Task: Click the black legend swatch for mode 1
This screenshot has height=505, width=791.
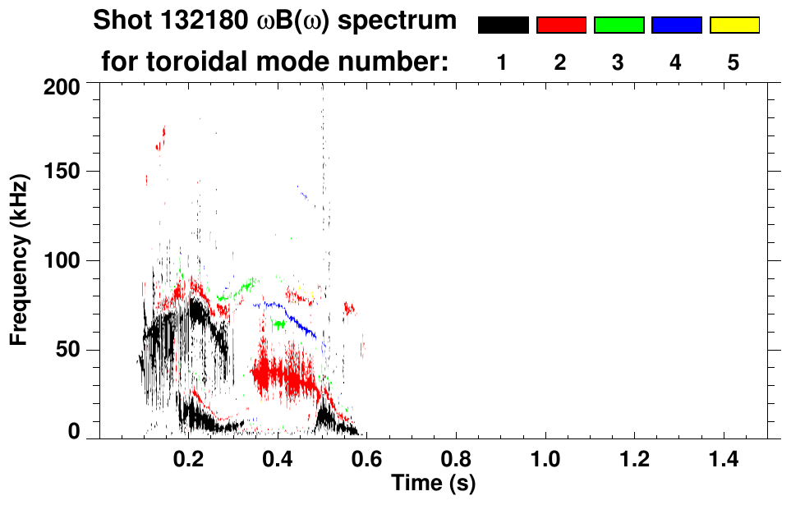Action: [x=503, y=25]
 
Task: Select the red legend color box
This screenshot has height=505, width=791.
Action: [x=561, y=25]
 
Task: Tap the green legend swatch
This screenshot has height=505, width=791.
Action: [x=619, y=25]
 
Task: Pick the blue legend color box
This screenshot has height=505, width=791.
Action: [x=676, y=25]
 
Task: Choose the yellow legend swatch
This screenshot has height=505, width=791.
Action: [x=734, y=25]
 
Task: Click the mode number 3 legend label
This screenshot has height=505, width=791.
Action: [x=618, y=62]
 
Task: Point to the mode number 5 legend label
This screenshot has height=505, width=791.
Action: [x=734, y=62]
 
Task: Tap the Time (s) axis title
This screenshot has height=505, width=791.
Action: [x=433, y=482]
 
